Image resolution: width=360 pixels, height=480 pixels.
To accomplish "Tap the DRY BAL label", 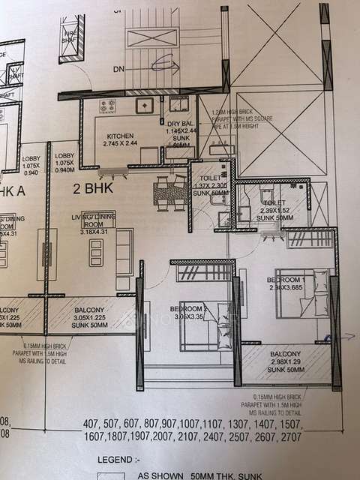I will click(x=180, y=122).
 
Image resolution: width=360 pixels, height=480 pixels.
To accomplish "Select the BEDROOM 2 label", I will click(x=188, y=309).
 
